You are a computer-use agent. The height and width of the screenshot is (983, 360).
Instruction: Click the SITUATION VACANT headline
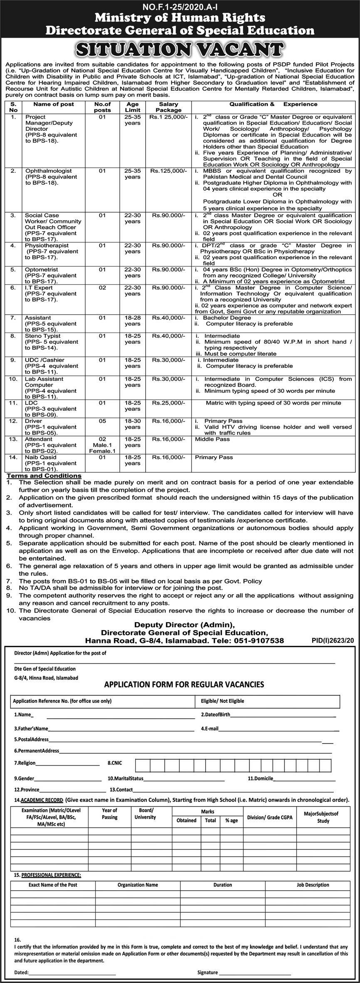click(180, 49)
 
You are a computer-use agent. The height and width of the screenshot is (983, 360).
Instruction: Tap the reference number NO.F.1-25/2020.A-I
click(180, 7)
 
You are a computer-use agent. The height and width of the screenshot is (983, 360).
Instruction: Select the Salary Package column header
click(169, 107)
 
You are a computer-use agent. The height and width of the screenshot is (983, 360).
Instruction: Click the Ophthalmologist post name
click(48, 171)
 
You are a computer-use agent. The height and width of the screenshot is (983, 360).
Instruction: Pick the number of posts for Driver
click(102, 421)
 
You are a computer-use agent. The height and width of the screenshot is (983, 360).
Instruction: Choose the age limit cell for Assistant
click(132, 320)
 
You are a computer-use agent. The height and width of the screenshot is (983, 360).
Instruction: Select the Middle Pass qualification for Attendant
click(212, 439)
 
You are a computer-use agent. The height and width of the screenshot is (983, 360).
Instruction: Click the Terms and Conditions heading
click(44, 476)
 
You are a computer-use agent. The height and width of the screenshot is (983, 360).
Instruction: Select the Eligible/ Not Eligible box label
click(222, 701)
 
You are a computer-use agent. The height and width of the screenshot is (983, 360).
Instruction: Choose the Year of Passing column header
click(109, 814)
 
